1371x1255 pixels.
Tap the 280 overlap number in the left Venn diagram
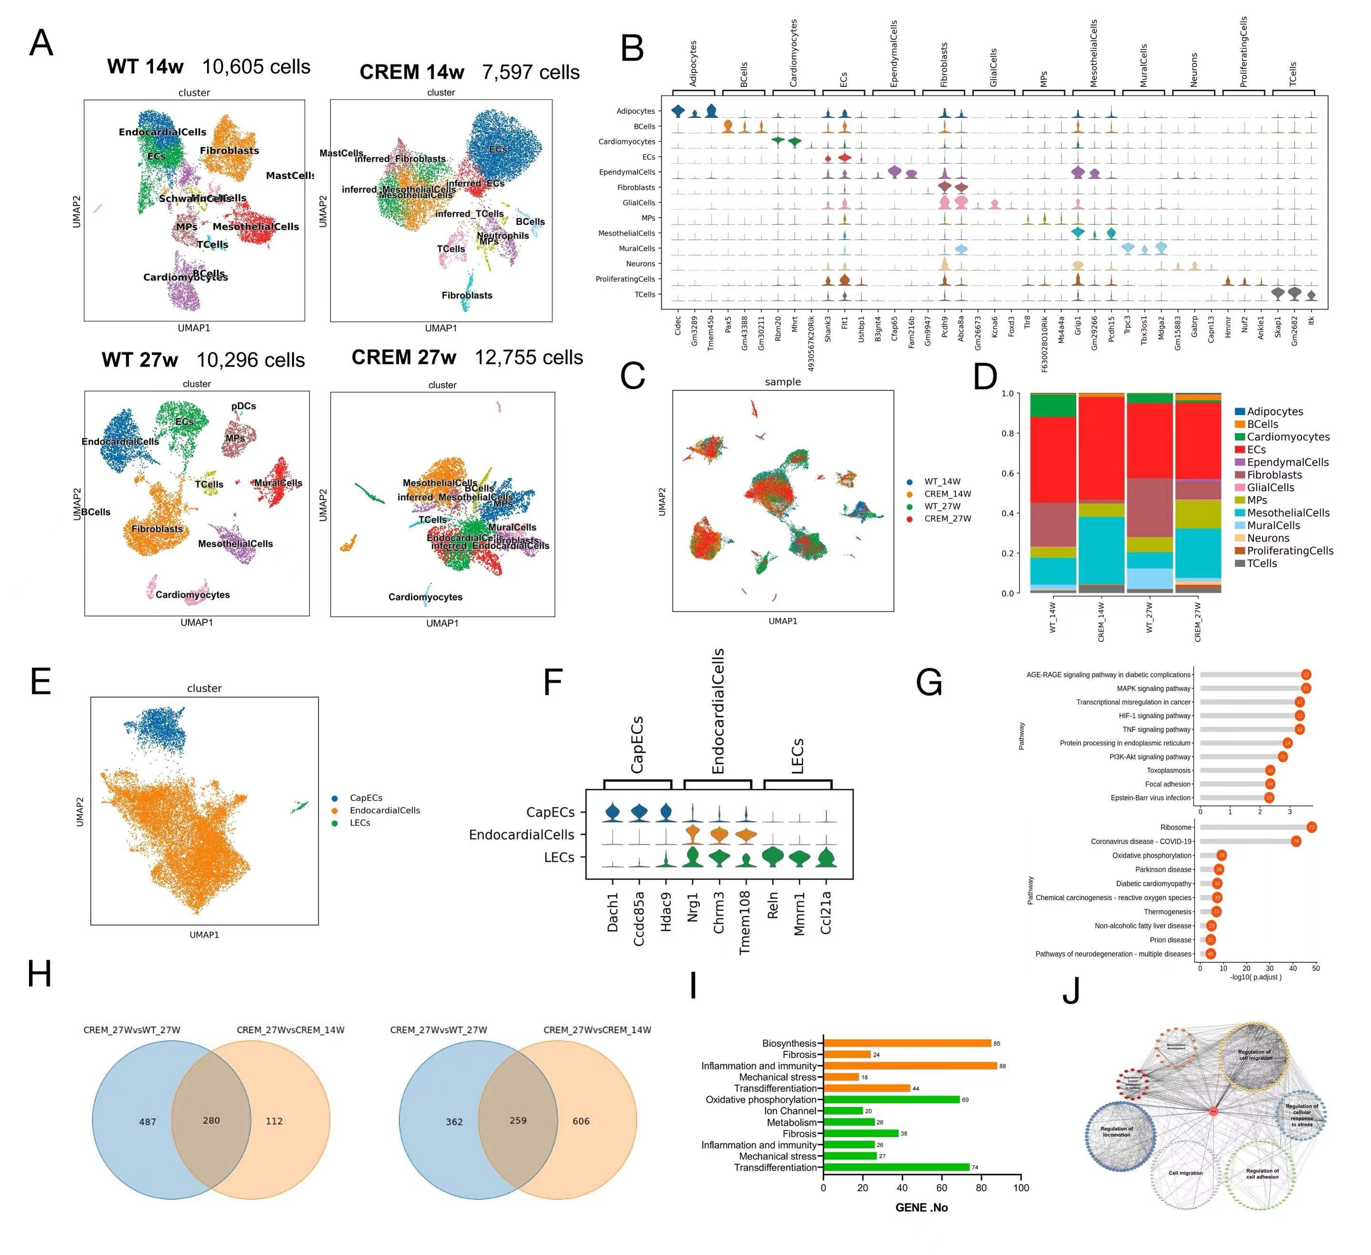(211, 1120)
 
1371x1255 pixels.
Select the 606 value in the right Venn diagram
(581, 1121)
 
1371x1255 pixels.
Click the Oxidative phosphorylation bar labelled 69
(891, 1099)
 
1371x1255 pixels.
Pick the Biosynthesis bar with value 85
(906, 1043)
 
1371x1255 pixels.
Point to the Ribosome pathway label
(1176, 827)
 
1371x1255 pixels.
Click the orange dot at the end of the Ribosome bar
(1311, 827)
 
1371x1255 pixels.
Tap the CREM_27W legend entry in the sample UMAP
(947, 519)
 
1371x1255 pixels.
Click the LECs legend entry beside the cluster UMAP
(360, 822)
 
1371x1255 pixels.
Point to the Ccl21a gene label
(825, 913)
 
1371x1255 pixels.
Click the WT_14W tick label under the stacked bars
(1053, 617)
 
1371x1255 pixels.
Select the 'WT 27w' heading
(140, 360)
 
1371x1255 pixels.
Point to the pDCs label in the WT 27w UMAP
(243, 406)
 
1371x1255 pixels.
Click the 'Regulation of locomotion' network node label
(1117, 1131)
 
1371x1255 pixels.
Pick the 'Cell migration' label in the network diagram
(1185, 1173)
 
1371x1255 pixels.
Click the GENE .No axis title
(922, 1207)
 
